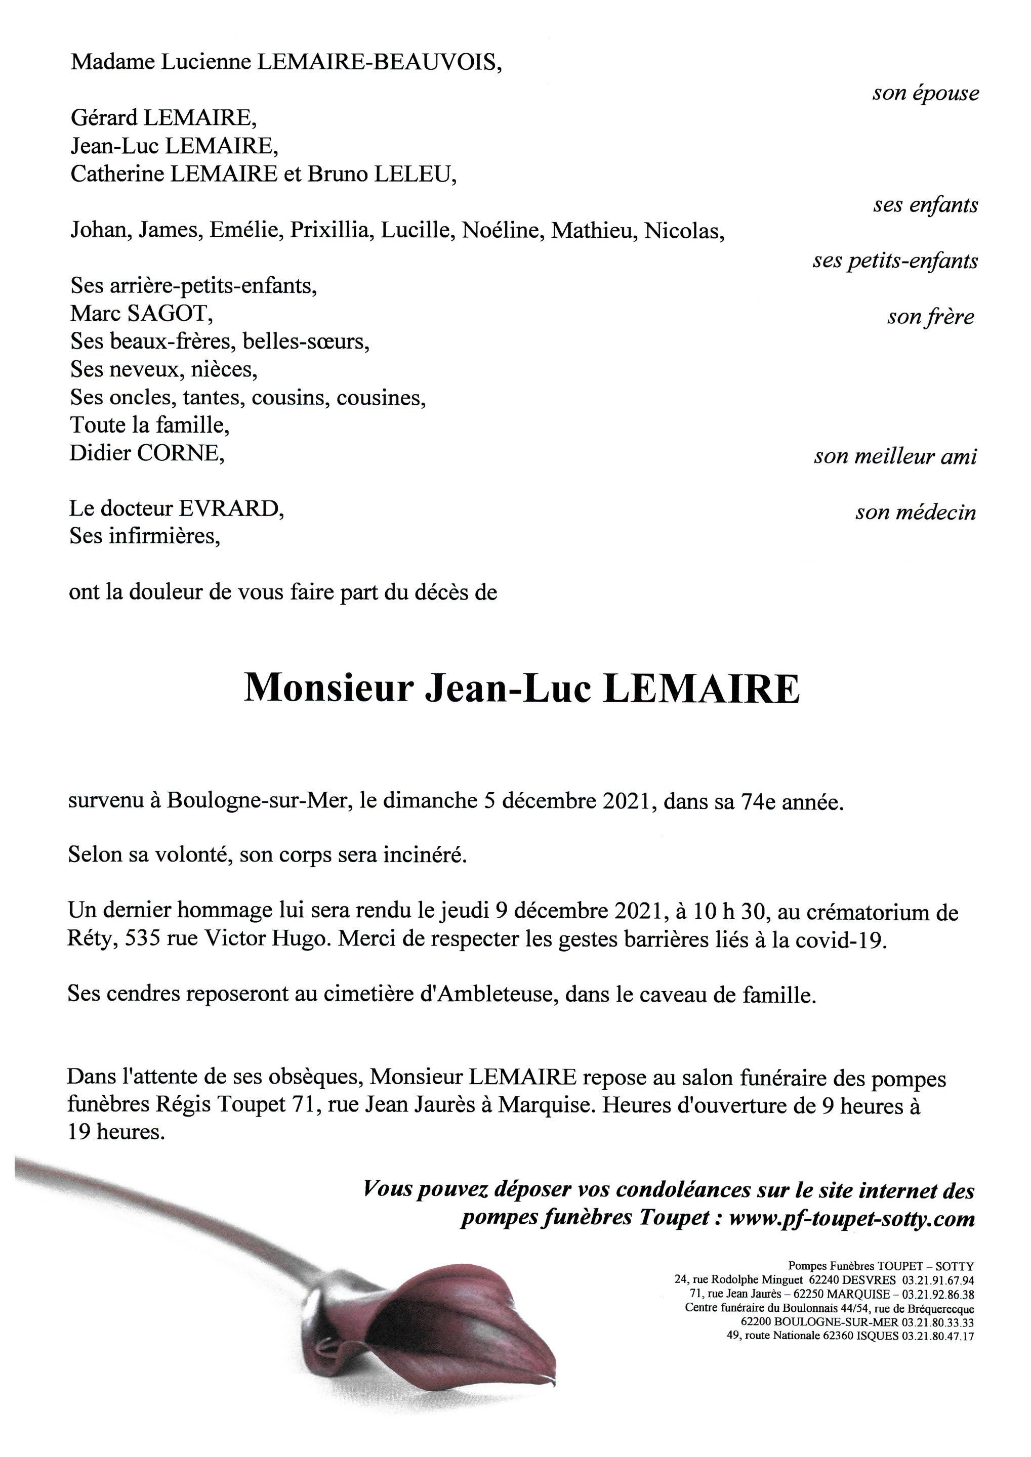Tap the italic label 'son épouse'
[925, 93]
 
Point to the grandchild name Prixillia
[329, 230]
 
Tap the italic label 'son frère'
[930, 317]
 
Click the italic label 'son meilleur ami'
[895, 456]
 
